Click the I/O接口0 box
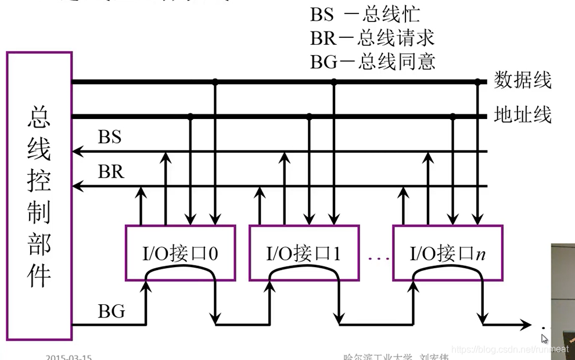[x=181, y=253]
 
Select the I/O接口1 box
[x=304, y=253]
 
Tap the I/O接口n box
[x=447, y=253]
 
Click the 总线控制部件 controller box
[x=39, y=196]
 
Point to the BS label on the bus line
[x=110, y=138]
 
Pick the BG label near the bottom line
[x=111, y=312]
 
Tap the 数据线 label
[x=522, y=80]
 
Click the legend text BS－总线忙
[x=365, y=15]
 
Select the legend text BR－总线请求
[x=372, y=38]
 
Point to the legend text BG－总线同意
[x=372, y=61]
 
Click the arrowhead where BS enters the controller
[x=76, y=152]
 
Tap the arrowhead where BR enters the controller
[x=76, y=186]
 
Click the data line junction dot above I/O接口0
[x=215, y=82]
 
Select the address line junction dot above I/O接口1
[x=310, y=117]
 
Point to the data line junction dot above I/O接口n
[x=478, y=82]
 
